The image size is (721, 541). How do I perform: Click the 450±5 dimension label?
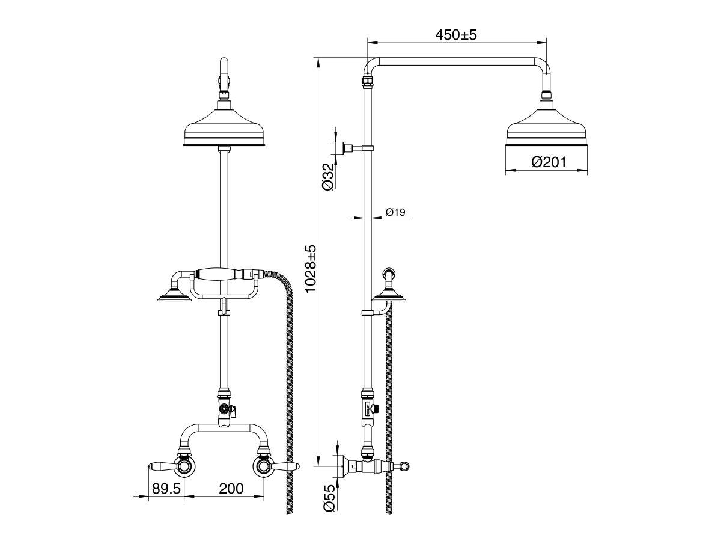click(455, 35)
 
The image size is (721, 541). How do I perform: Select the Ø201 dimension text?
click(547, 162)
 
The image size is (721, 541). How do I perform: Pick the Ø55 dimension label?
click(328, 498)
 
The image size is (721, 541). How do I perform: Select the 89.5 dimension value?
click(166, 488)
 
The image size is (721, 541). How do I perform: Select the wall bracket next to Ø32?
click(342, 148)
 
